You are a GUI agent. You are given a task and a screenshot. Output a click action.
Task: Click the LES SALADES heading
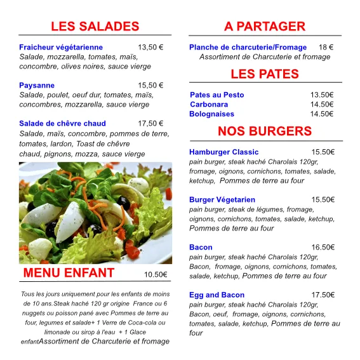pyautogui.click(x=95, y=26)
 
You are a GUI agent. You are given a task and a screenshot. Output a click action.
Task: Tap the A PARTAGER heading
pyautogui.click(x=265, y=26)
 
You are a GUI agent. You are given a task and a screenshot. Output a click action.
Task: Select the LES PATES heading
pyautogui.click(x=265, y=74)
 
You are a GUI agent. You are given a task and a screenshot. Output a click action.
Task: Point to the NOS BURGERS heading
pyautogui.click(x=265, y=131)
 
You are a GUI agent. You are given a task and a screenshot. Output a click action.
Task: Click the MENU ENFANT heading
pyautogui.click(x=69, y=273)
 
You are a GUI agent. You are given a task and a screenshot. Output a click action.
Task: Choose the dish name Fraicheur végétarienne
pyautogui.click(x=61, y=47)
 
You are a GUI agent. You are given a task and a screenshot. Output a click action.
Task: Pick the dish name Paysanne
pyautogui.click(x=37, y=85)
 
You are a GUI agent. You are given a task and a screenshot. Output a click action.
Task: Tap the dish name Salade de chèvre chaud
pyautogui.click(x=62, y=123)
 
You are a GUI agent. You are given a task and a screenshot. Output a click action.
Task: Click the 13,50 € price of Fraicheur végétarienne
pyautogui.click(x=150, y=47)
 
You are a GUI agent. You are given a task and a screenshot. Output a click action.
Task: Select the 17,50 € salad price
pyautogui.click(x=150, y=123)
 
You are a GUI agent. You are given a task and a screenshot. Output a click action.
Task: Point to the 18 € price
pyautogui.click(x=326, y=47)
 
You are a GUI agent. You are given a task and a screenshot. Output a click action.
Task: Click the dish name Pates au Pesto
pyautogui.click(x=217, y=95)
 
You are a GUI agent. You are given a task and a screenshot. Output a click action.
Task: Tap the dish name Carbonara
pyautogui.click(x=209, y=104)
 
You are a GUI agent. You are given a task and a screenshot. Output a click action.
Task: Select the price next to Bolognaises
pyautogui.click(x=322, y=114)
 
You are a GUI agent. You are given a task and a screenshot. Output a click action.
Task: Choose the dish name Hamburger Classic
pyautogui.click(x=223, y=152)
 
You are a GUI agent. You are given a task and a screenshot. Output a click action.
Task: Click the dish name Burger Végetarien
pyautogui.click(x=222, y=199)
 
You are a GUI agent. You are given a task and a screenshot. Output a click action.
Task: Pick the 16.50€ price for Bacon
pyautogui.click(x=323, y=247)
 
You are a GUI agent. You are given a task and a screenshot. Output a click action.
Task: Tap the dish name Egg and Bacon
pyautogui.click(x=217, y=295)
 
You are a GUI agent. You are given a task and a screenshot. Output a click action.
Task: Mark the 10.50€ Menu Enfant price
pyautogui.click(x=156, y=274)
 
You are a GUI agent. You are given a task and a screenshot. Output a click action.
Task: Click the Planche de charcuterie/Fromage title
pyautogui.click(x=248, y=47)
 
